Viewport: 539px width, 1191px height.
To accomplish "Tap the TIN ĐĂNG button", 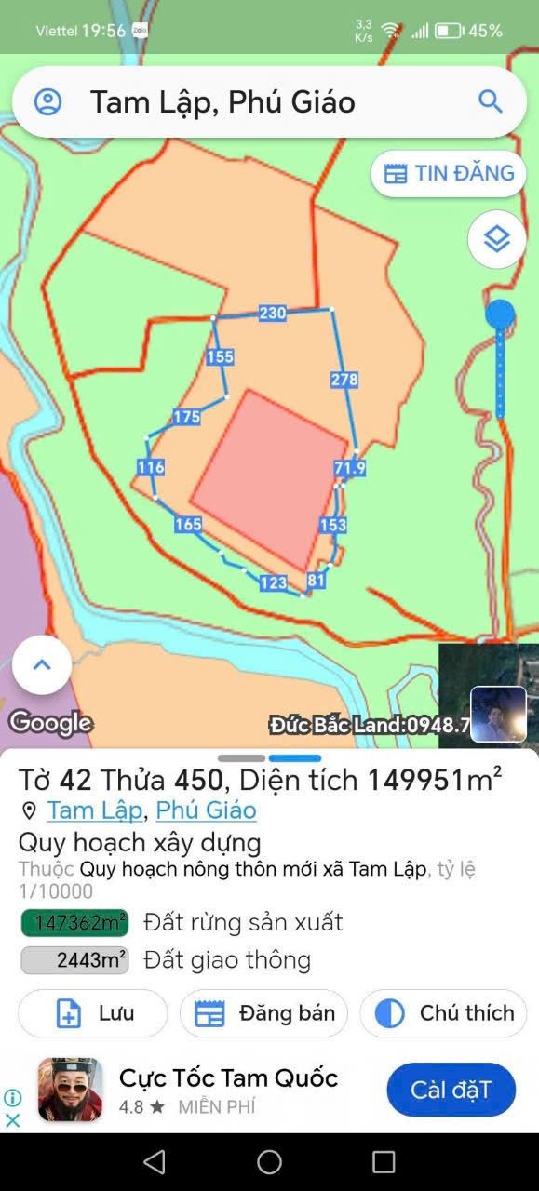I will coord(449,174).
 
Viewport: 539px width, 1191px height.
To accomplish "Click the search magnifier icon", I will coord(490,101).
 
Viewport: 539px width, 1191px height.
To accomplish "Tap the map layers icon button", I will coord(497,239).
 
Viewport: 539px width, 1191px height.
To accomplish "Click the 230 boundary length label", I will coord(273,314).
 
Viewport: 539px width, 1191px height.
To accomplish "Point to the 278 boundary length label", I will coord(344,380).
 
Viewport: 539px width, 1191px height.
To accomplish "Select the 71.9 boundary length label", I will coord(350,468).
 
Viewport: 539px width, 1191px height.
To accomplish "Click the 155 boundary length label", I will coord(221,356).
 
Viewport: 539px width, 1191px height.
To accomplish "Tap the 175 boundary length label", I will coord(187,417).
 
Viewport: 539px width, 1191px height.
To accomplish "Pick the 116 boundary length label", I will coord(151,467).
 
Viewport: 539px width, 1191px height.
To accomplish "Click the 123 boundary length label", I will coord(273,582).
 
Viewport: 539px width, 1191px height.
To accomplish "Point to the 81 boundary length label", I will coord(317,581).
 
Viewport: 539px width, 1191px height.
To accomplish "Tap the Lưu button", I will coord(93,1013).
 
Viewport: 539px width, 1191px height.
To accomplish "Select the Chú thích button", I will coord(443,1013).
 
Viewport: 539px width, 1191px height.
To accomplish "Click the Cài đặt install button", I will coord(451,1090).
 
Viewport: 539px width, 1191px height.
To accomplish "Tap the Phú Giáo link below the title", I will coord(206,810).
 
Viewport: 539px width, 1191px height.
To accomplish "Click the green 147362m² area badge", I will coord(74,922).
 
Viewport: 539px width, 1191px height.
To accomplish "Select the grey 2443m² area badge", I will coord(74,959).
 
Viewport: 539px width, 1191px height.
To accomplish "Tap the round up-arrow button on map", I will coord(42,664).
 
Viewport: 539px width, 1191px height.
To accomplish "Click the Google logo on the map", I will coord(50,723).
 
